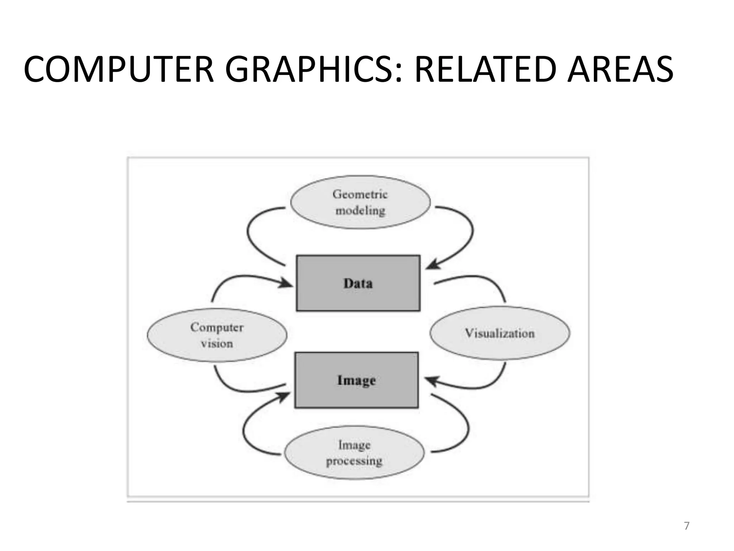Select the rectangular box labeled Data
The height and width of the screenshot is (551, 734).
(x=358, y=283)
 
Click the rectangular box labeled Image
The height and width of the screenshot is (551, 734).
(x=356, y=380)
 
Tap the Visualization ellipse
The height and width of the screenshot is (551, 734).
(x=500, y=333)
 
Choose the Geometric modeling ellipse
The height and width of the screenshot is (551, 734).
(x=360, y=202)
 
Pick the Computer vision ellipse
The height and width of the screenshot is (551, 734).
(x=217, y=335)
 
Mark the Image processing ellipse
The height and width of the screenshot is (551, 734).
(x=354, y=452)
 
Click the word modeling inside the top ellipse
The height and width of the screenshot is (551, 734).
(x=360, y=210)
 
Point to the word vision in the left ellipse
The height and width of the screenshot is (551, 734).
(x=217, y=344)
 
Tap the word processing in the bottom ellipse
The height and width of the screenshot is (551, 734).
(x=354, y=461)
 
